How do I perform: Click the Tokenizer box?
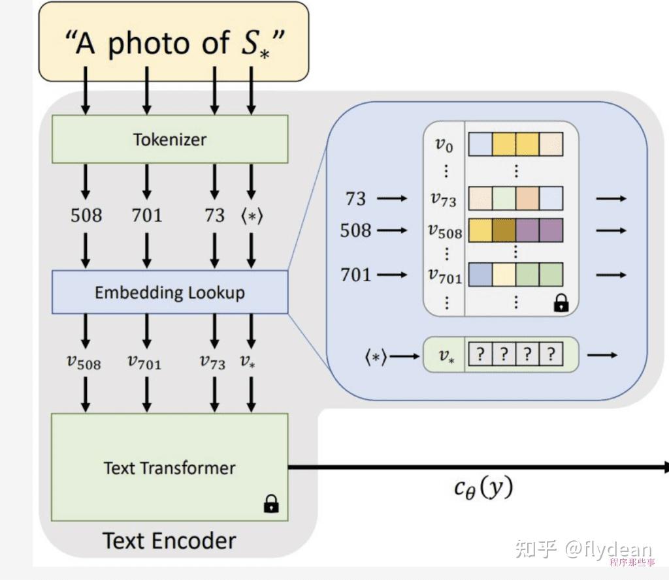[169, 139]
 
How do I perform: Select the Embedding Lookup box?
[169, 292]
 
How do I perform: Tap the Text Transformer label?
[169, 468]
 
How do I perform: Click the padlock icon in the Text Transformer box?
[270, 504]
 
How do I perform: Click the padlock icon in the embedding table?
[561, 303]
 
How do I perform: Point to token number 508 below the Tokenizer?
[86, 215]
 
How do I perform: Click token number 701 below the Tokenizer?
[147, 215]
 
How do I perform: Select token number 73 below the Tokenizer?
[214, 215]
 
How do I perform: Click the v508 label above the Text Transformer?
[84, 362]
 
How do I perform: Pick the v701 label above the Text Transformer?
[146, 362]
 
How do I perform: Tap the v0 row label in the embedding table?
[444, 145]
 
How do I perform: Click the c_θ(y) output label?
[483, 487]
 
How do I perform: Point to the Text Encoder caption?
[169, 540]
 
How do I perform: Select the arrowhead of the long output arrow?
[664, 467]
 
